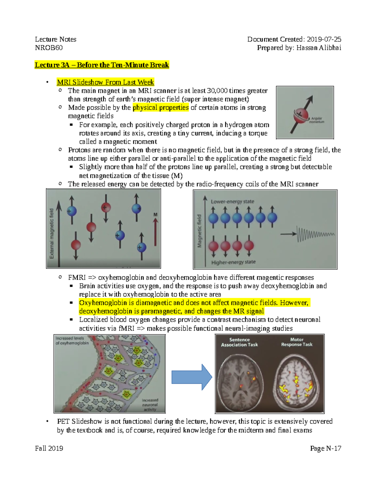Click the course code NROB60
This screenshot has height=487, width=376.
49,48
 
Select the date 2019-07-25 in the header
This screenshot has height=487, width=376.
324,39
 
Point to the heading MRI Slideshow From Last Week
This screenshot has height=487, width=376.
105,82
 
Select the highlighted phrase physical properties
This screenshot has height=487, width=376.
161,108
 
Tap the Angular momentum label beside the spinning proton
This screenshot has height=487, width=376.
316,120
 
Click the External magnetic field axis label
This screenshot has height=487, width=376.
52,234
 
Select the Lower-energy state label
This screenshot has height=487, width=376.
232,201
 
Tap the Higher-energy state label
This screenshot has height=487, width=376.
233,262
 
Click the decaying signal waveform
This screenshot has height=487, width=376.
315,234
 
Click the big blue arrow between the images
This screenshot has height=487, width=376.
191,377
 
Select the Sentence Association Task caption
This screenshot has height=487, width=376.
239,342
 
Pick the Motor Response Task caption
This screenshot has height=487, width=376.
296,342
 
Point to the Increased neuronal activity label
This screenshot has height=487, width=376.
150,405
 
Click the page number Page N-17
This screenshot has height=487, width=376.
325,448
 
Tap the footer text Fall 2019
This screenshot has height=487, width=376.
49,448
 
